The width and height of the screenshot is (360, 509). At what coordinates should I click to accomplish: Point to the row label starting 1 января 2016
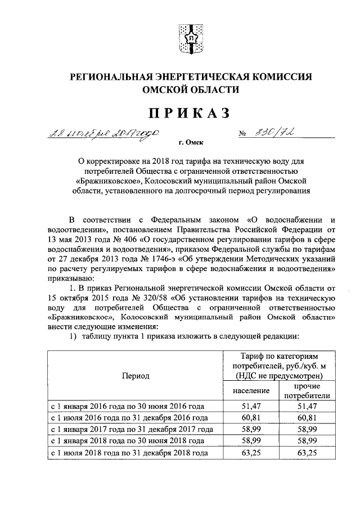(x=127, y=406)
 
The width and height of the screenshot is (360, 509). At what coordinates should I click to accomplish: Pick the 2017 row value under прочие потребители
(x=307, y=429)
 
